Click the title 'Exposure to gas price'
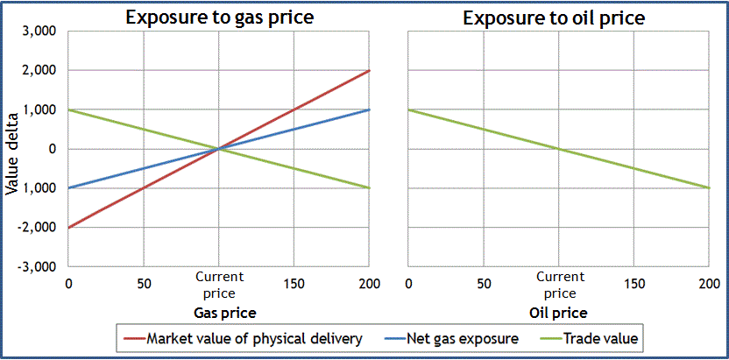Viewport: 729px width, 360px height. (218, 17)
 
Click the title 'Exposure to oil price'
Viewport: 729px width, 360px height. (554, 17)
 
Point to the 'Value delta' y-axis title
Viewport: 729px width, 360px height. (12, 149)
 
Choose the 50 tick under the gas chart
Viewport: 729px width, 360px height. (144, 284)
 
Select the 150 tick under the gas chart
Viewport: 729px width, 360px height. (294, 284)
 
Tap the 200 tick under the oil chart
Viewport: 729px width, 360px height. (708, 284)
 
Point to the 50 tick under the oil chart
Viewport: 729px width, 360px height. (483, 284)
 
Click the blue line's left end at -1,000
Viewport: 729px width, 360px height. (69, 187)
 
